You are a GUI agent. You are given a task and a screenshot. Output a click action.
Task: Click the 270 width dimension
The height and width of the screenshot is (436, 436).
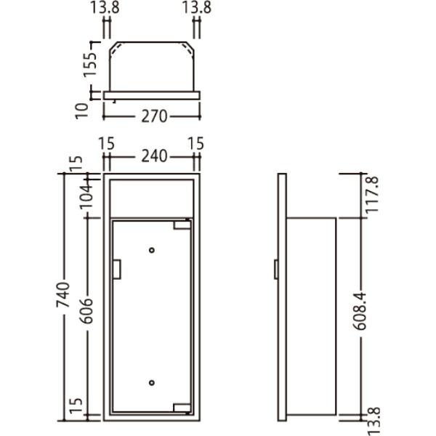(154, 116)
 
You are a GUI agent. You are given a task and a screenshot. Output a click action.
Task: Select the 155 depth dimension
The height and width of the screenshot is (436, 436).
(90, 64)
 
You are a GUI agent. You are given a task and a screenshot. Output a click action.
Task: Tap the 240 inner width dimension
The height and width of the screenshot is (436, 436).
(154, 156)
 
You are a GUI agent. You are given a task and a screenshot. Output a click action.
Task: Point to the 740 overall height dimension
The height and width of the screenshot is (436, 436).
(63, 294)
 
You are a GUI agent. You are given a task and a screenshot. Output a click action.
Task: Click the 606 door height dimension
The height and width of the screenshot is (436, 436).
(86, 311)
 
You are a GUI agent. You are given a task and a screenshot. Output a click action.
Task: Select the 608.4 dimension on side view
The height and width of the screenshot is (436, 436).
(360, 311)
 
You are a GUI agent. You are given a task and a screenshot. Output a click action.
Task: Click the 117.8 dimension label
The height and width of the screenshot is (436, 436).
(373, 195)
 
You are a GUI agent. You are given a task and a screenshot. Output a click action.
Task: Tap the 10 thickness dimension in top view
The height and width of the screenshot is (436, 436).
(82, 111)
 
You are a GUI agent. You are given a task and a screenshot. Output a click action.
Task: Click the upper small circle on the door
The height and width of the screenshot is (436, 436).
(152, 250)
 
